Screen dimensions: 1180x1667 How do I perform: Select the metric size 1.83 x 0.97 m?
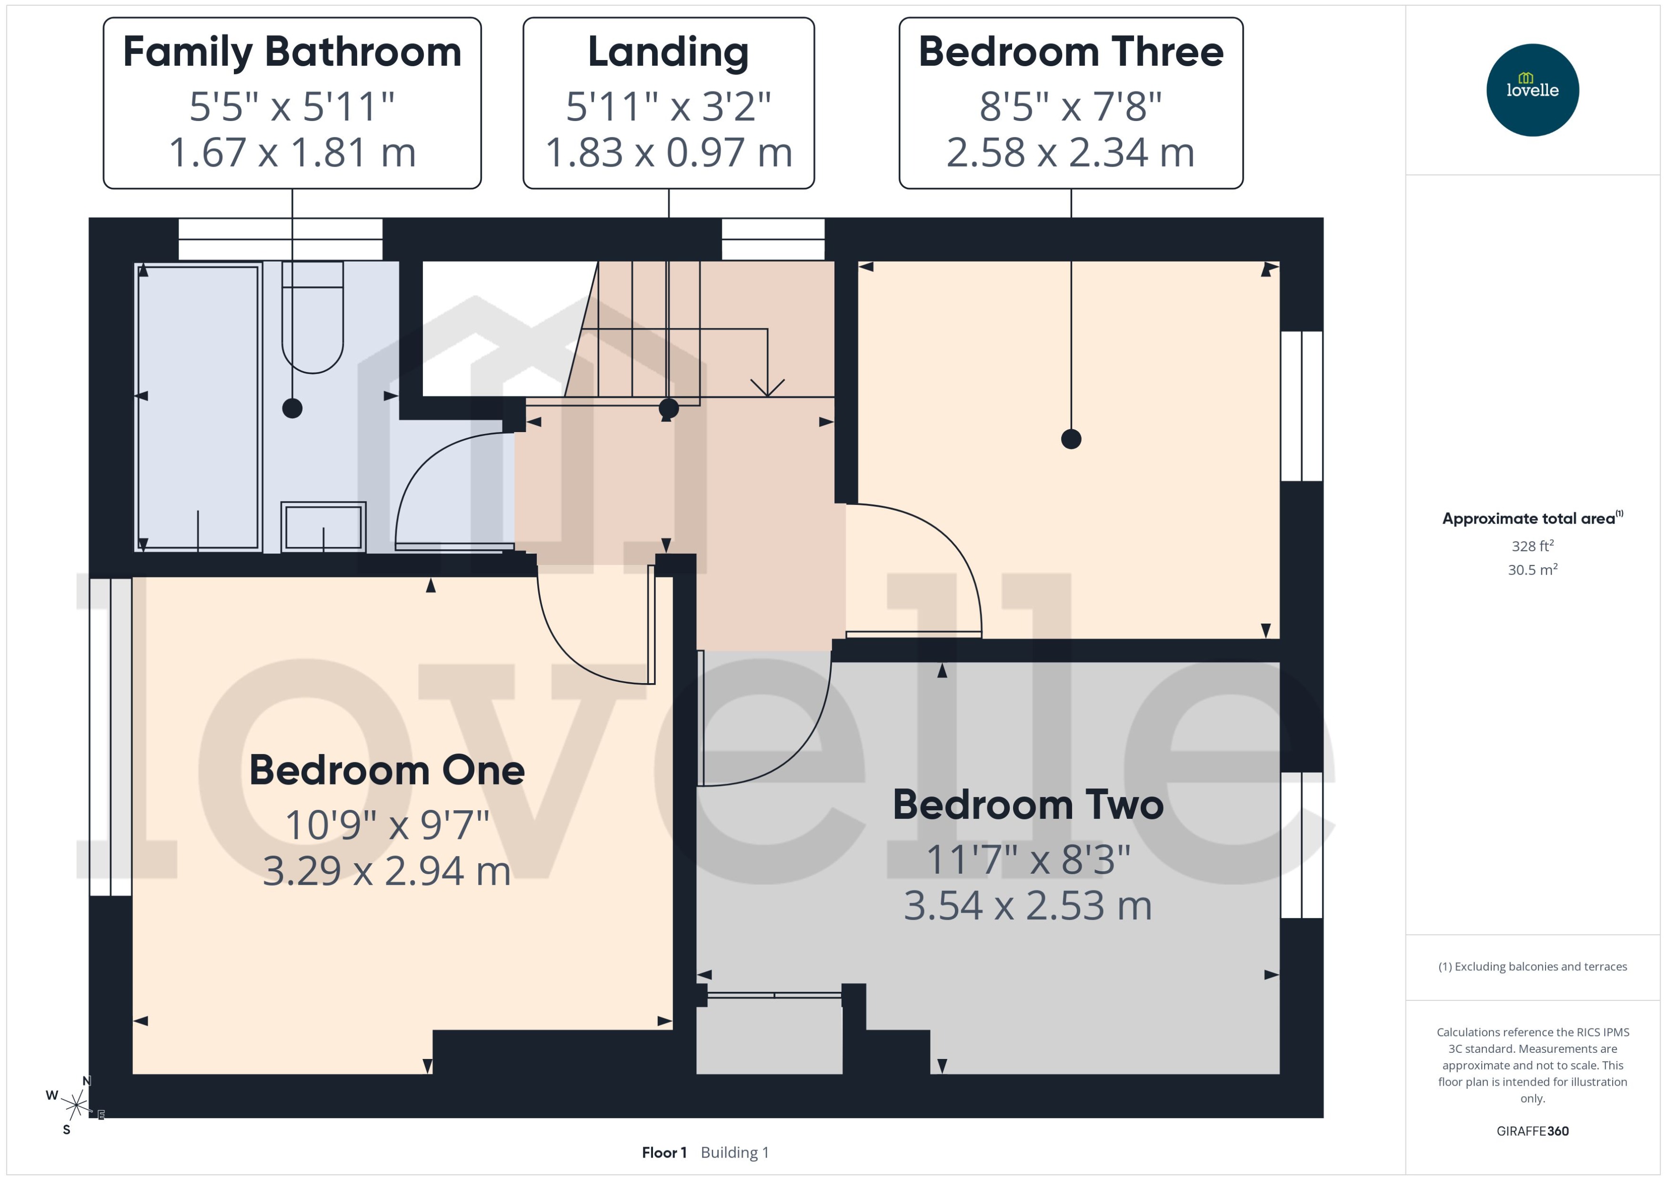(x=668, y=152)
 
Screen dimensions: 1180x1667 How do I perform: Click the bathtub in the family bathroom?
(x=198, y=407)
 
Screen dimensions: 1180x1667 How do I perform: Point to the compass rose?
(x=75, y=1106)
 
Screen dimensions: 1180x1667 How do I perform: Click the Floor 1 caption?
(x=664, y=1152)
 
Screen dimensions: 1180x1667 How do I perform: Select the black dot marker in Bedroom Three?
(x=1071, y=439)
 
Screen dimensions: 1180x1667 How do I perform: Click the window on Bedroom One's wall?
(x=110, y=737)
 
